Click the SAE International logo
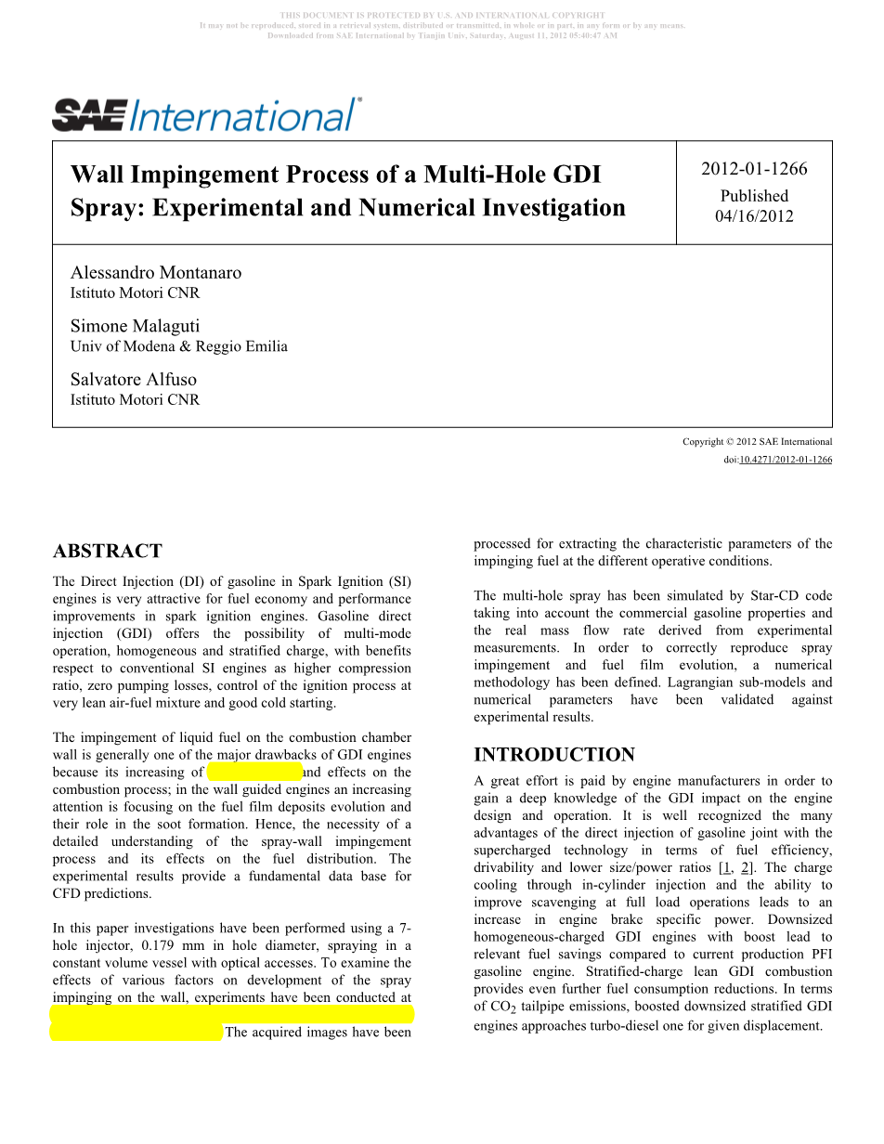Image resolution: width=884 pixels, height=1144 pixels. coord(206,115)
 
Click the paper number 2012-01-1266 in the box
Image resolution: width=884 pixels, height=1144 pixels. coord(754,169)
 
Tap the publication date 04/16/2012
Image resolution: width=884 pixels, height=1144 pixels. coord(754,216)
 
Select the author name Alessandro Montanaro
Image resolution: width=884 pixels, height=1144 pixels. coord(156,272)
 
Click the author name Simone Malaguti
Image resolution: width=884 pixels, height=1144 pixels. coord(135,326)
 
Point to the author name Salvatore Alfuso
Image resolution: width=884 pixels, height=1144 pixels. coord(134,379)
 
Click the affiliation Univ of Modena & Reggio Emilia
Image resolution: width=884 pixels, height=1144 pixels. coord(179,346)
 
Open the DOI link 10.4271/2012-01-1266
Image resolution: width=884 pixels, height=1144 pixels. coord(785,460)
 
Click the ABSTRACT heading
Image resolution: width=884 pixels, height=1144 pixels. coord(108,552)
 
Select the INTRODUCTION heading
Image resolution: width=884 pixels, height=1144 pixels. coord(554,755)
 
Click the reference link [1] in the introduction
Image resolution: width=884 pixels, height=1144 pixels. coord(724,867)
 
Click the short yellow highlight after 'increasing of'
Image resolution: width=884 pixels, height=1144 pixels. coord(255,772)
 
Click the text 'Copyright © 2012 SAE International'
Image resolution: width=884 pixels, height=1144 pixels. coord(757,442)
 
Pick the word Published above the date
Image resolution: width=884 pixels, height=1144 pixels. coord(754,196)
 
